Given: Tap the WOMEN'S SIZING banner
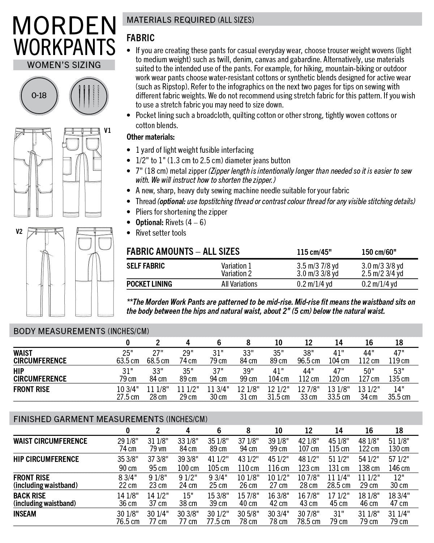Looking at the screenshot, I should [x=64, y=65].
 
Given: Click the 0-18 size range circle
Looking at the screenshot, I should [x=39, y=95].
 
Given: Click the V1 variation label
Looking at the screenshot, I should [x=107, y=131].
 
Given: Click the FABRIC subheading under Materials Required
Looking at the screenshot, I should [x=140, y=38].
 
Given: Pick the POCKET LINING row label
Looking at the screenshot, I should [x=149, y=284].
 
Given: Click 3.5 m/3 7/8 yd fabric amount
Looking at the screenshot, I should [x=317, y=266].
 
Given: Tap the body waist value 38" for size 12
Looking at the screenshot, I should [x=309, y=353].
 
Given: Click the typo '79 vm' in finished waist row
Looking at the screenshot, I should [x=158, y=449].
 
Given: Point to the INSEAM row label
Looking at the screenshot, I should [x=25, y=514].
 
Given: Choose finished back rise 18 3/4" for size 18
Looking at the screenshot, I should [x=399, y=496].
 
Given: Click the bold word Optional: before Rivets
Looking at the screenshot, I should [x=149, y=222].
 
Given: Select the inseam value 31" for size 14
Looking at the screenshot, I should [x=339, y=514].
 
